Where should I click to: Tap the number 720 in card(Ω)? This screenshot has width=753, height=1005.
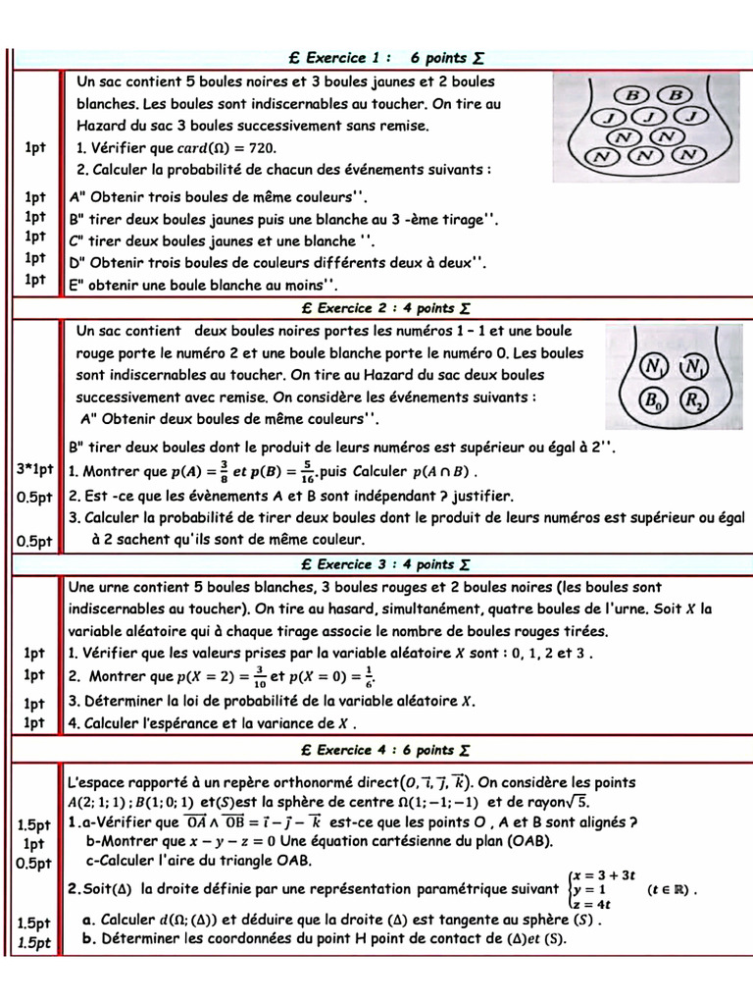[x=260, y=148]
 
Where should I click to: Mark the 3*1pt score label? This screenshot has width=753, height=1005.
[x=33, y=470]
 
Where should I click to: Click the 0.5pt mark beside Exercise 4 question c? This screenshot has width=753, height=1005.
[x=34, y=863]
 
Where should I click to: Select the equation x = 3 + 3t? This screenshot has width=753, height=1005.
[x=604, y=873]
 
